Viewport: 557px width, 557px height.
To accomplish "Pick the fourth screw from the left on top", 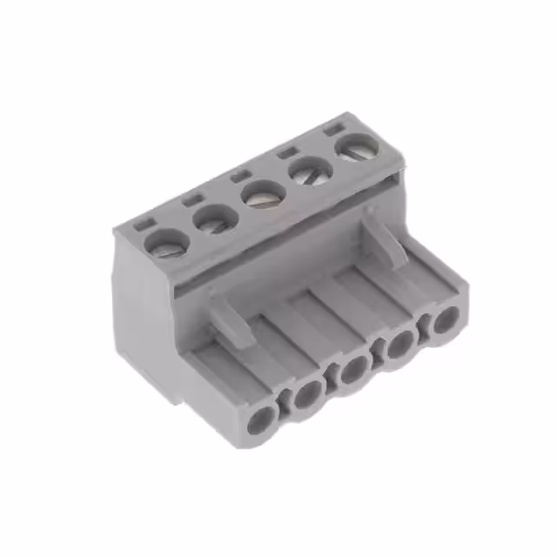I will [305, 172].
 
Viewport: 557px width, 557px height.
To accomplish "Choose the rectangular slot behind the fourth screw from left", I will [285, 152].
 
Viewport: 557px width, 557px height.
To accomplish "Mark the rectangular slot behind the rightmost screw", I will [331, 130].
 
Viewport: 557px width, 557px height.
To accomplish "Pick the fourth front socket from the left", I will [399, 345].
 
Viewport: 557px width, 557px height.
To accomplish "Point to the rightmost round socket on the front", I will [445, 319].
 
